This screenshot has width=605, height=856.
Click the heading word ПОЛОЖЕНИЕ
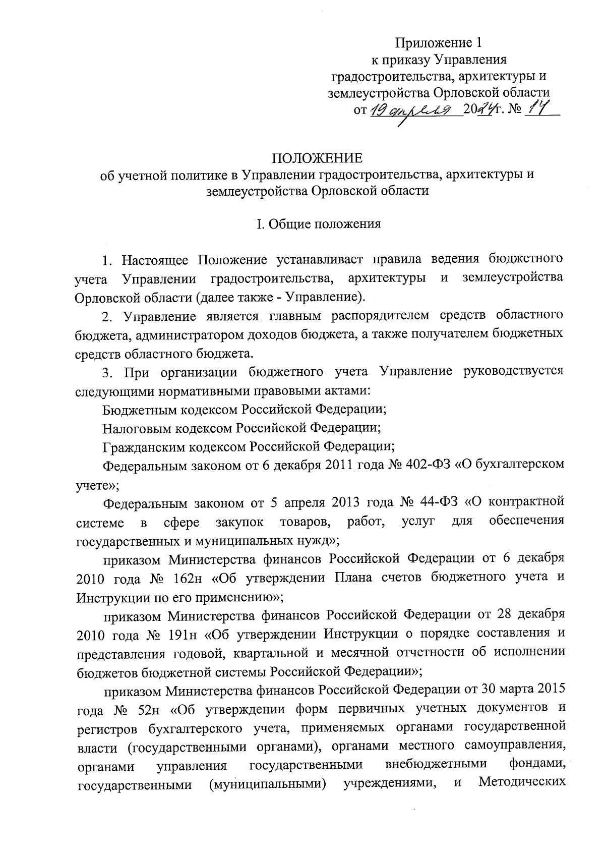(317, 158)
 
